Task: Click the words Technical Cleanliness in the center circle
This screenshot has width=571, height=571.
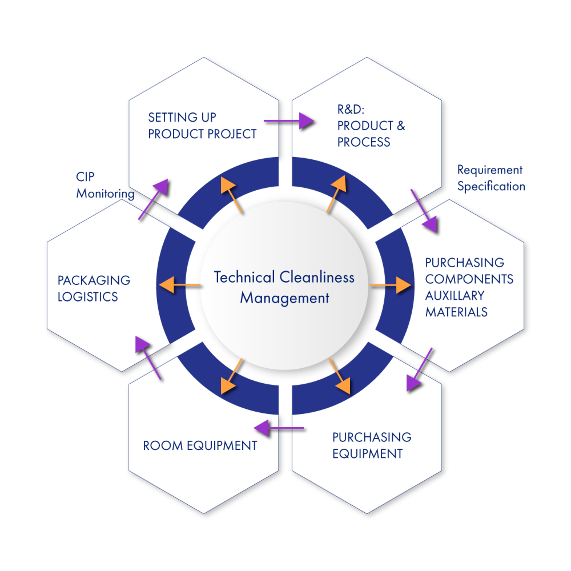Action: (x=284, y=277)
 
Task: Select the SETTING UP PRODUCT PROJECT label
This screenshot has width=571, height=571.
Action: (x=202, y=126)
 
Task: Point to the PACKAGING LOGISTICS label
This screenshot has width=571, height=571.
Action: (x=94, y=288)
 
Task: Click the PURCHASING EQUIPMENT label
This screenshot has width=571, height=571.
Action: (x=372, y=445)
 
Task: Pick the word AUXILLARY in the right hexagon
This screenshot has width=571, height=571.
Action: (x=455, y=296)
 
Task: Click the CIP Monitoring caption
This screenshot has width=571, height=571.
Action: (x=104, y=185)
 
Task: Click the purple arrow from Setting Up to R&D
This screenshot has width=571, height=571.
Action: (x=288, y=121)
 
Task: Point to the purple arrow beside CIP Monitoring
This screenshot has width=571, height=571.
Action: (x=153, y=199)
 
